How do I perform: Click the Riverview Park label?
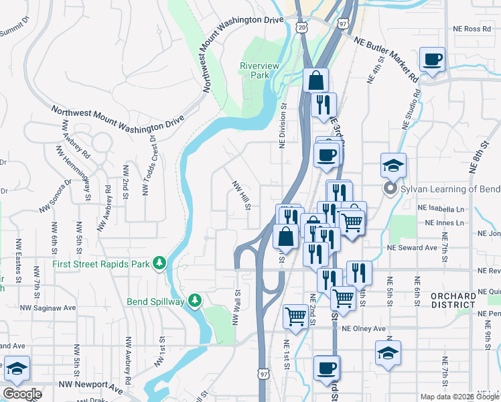[x=255, y=70]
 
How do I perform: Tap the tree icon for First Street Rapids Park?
[x=159, y=263]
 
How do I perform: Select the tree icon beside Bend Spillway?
[x=195, y=301]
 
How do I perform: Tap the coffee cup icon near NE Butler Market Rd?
[x=433, y=59]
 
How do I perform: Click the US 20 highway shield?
[x=301, y=26]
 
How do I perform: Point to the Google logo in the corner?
[x=22, y=394]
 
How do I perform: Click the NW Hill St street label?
[x=241, y=195]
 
